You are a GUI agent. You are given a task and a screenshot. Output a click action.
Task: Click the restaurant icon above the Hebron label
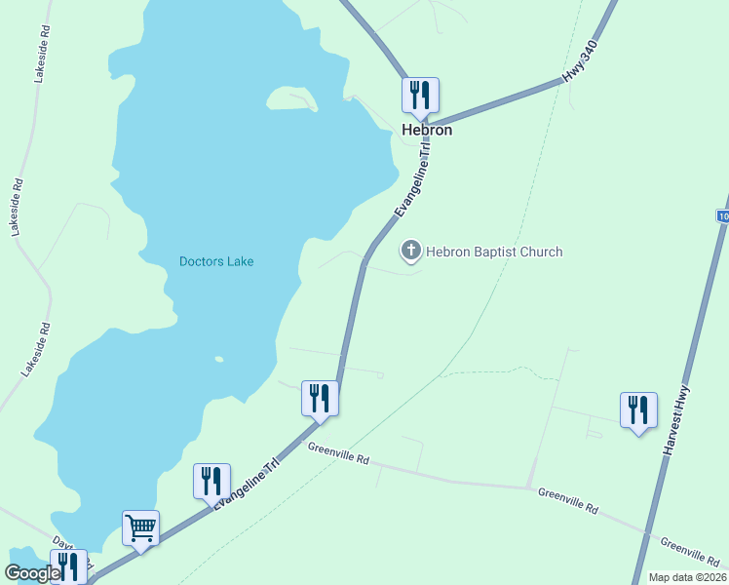[x=421, y=96]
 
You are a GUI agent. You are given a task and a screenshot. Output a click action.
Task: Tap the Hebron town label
[x=427, y=130]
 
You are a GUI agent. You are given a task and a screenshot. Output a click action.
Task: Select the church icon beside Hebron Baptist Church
[x=411, y=252]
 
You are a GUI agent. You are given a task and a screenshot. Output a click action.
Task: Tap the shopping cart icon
[x=140, y=528]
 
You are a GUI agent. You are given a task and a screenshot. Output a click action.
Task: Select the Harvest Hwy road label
[x=672, y=426]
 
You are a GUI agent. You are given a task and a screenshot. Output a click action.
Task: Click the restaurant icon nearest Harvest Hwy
[x=638, y=410]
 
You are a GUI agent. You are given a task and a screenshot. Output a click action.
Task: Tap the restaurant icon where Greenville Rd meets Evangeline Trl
[x=320, y=399]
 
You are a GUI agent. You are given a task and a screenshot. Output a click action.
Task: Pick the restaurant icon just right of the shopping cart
[x=211, y=482]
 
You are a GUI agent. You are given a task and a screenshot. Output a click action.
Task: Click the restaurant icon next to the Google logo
[x=69, y=566]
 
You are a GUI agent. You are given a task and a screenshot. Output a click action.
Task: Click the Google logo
[x=32, y=573]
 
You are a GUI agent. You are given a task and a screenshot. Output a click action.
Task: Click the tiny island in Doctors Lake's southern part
[x=219, y=359]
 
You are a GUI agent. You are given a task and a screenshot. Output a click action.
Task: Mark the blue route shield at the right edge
[x=722, y=215]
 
